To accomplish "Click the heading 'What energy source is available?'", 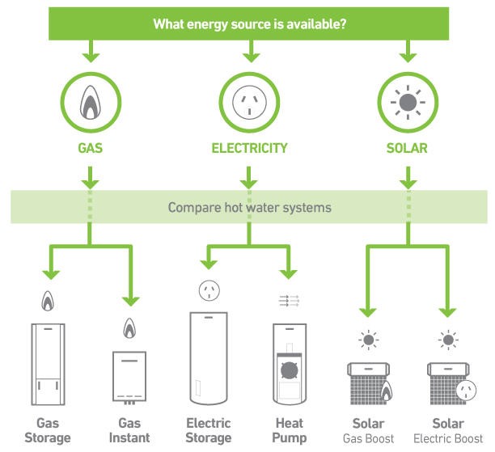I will (x=250, y=24).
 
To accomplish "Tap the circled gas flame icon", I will (x=90, y=103).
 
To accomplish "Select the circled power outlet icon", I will (x=249, y=103).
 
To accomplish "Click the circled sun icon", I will (x=409, y=103).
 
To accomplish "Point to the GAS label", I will (x=90, y=149).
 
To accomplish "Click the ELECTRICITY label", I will (x=249, y=149).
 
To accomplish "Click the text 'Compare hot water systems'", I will (x=250, y=208).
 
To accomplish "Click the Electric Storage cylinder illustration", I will (x=209, y=359).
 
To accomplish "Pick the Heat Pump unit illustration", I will (x=289, y=365).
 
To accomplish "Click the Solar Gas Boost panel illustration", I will (x=369, y=382).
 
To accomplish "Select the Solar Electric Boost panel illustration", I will (x=447, y=382).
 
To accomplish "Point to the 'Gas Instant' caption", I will (x=129, y=430).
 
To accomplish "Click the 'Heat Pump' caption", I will (x=289, y=430).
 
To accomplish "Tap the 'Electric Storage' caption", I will (x=209, y=430).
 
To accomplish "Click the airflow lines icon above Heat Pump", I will (x=289, y=300).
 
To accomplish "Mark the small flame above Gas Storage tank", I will (x=48, y=301).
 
